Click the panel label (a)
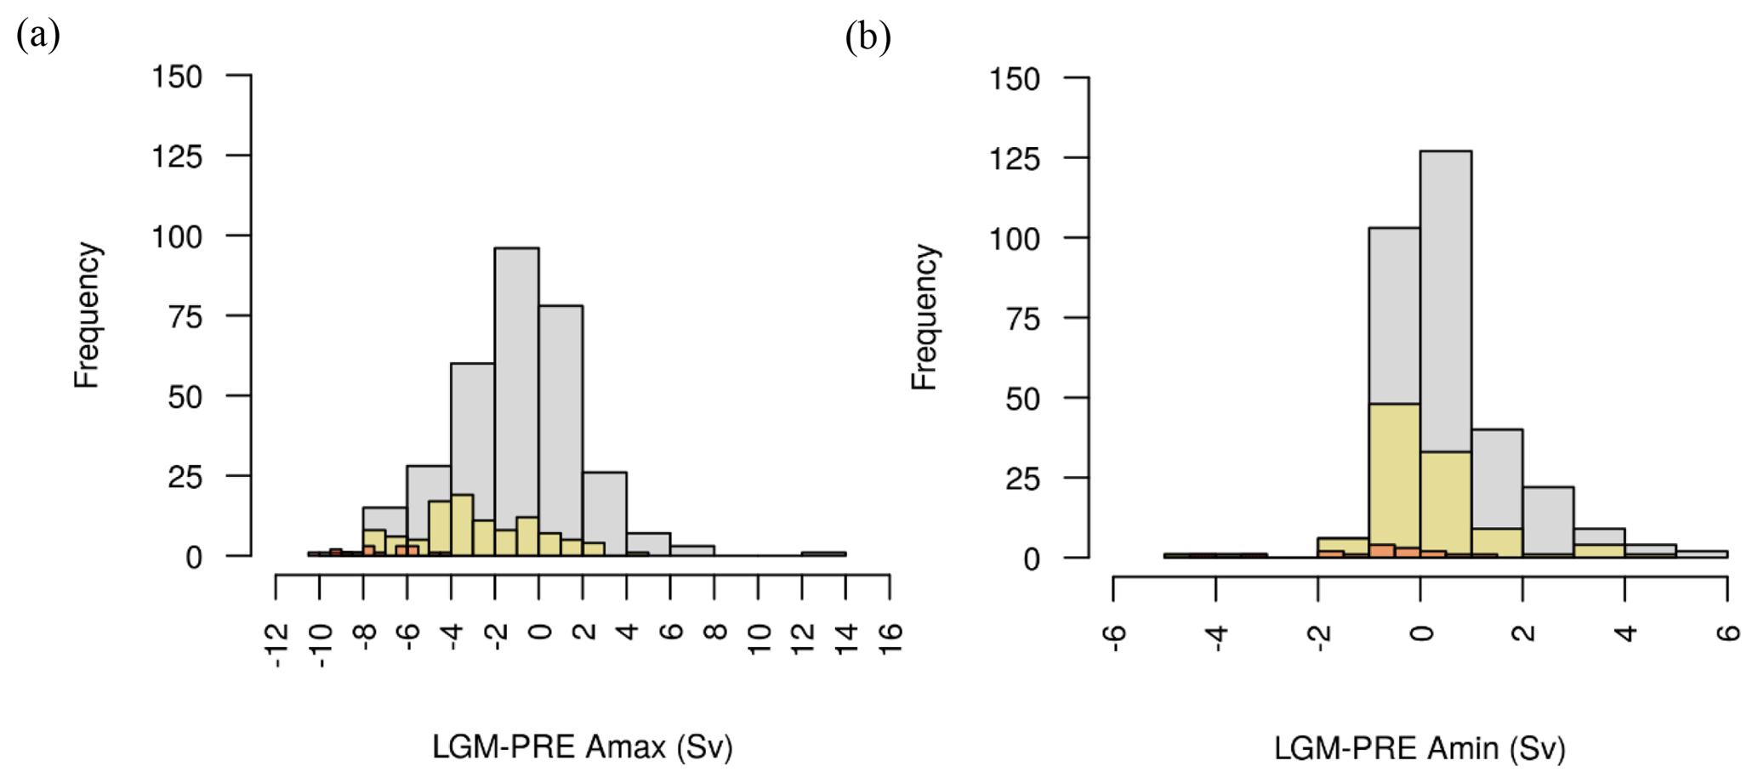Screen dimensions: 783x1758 pyautogui.click(x=38, y=37)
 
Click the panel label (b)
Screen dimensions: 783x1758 pyautogui.click(x=868, y=37)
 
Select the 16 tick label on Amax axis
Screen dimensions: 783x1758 pyautogui.click(x=889, y=634)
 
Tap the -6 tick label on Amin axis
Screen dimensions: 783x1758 pyautogui.click(x=1114, y=634)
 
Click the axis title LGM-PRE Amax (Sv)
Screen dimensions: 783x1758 pyautogui.click(x=582, y=747)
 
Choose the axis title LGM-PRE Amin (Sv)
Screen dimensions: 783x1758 pyautogui.click(x=1419, y=748)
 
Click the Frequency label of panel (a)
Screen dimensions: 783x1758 pyautogui.click(x=87, y=315)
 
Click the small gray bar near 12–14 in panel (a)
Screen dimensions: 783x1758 pyautogui.click(x=823, y=553)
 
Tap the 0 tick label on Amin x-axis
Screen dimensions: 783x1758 pyautogui.click(x=1420, y=633)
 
